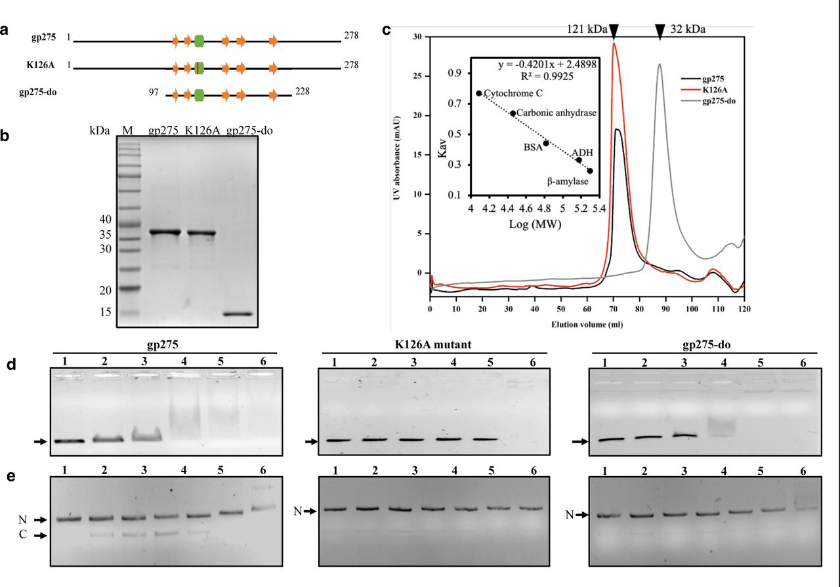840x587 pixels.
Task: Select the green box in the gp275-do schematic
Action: point(199,96)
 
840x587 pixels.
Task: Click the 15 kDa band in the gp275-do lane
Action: point(237,314)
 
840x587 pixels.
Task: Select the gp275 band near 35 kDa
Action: point(164,232)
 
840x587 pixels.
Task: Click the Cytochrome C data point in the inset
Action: point(479,94)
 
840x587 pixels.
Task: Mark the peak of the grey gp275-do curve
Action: point(660,64)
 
